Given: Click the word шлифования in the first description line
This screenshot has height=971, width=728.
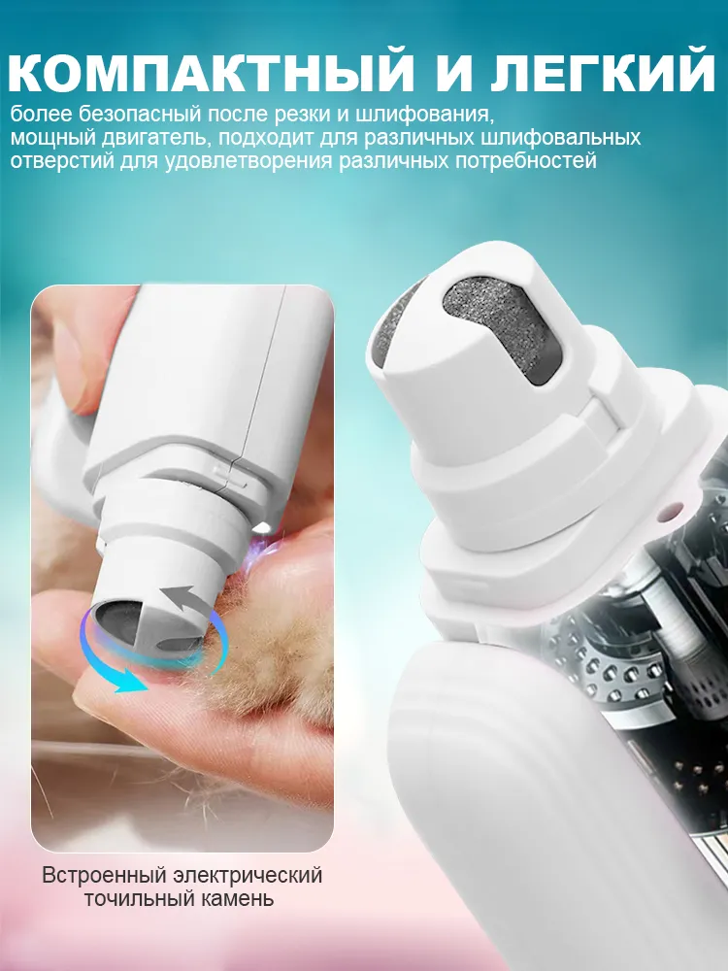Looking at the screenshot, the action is (x=433, y=115).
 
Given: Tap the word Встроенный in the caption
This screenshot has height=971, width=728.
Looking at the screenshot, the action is (x=105, y=875).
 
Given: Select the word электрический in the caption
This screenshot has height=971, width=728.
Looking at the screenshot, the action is (x=248, y=875).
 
